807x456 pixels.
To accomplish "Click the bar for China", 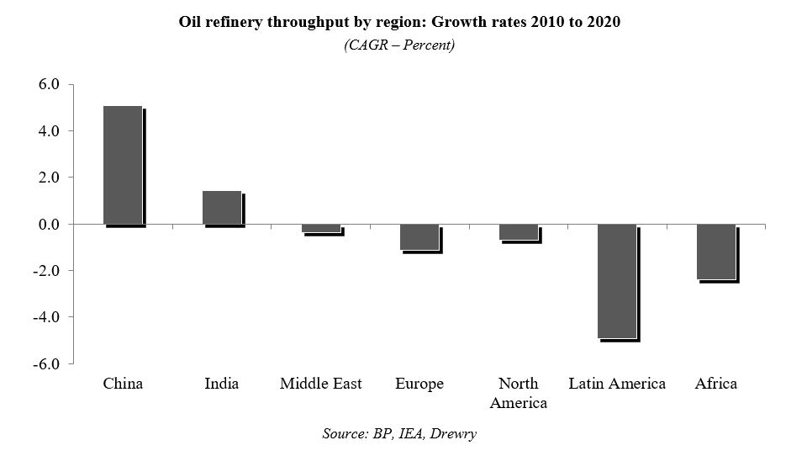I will tap(123, 165).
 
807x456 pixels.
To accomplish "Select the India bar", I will tap(222, 207).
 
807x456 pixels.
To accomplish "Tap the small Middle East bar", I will tap(320, 228).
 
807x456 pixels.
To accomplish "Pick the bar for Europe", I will tap(419, 237).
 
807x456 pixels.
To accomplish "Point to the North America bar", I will tap(518, 232).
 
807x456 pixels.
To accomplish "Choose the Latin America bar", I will tap(617, 281).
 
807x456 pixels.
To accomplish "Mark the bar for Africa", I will tap(716, 252).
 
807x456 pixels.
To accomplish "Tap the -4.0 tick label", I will tap(46, 317).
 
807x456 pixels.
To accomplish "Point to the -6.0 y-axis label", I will tap(46, 364).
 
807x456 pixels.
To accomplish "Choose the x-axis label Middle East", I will tap(320, 384).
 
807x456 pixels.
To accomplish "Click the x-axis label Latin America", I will tap(617, 384).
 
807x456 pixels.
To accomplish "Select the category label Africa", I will tap(716, 384).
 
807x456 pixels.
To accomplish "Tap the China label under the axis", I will tap(123, 384).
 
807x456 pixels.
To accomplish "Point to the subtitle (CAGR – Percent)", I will tap(399, 45).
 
